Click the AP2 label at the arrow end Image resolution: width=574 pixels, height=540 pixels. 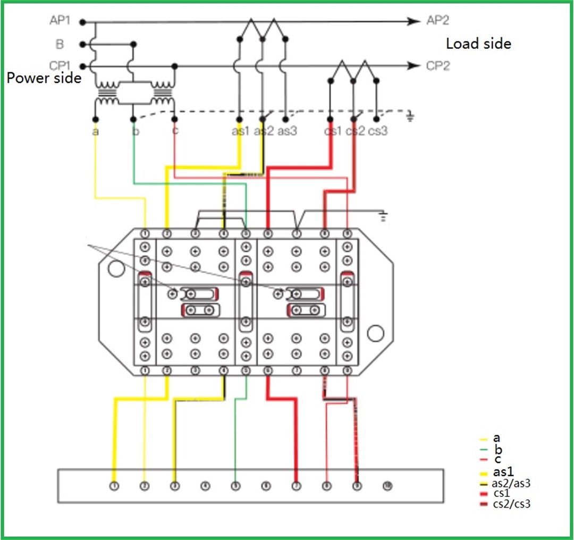pyautogui.click(x=437, y=21)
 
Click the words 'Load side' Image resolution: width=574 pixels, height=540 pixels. pyautogui.click(x=478, y=44)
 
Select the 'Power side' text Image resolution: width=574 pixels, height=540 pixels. pyautogui.click(x=44, y=78)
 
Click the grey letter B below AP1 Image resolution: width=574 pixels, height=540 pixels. pyautogui.click(x=60, y=44)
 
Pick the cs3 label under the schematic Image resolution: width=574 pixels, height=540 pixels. pyautogui.click(x=378, y=130)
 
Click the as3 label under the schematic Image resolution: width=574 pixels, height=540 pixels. pyautogui.click(x=286, y=130)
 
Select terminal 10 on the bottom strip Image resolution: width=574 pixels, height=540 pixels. pyautogui.click(x=387, y=485)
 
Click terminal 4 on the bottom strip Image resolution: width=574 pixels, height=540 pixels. pyautogui.click(x=205, y=485)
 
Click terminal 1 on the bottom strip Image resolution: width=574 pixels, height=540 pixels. pyautogui.click(x=114, y=485)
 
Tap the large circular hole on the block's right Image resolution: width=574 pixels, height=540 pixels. pyautogui.click(x=375, y=333)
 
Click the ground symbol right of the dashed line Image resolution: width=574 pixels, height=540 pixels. pyautogui.click(x=410, y=116)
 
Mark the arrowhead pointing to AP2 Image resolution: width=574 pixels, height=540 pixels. pyautogui.click(x=413, y=21)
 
